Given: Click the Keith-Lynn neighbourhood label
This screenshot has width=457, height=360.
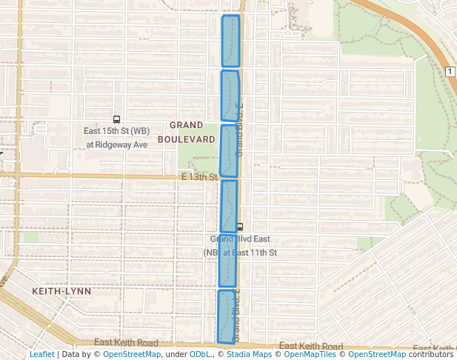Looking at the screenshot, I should pyautogui.click(x=61, y=291).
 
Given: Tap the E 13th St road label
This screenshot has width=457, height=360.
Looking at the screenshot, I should pyautogui.click(x=199, y=178).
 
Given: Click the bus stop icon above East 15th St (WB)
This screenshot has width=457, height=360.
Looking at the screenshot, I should pyautogui.click(x=116, y=119).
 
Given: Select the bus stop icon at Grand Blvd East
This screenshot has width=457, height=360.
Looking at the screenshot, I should pyautogui.click(x=238, y=227).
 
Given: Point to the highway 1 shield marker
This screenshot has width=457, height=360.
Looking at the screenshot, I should pyautogui.click(x=450, y=71).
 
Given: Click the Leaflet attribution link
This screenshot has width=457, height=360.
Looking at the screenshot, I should pyautogui.click(x=42, y=354).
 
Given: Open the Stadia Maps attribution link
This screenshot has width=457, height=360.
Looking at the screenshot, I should pyautogui.click(x=247, y=354).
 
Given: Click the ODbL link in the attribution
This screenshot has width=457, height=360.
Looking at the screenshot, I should pyautogui.click(x=201, y=354).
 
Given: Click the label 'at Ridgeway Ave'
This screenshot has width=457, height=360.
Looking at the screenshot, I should pyautogui.click(x=116, y=144).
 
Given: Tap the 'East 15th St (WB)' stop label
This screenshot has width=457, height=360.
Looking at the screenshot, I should pyautogui.click(x=116, y=131).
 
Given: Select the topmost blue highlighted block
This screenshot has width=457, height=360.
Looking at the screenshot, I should pyautogui.click(x=231, y=41).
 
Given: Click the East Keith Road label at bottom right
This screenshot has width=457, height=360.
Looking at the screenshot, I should pyautogui.click(x=311, y=347).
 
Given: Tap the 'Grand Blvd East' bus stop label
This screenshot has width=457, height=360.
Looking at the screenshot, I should pyautogui.click(x=240, y=239).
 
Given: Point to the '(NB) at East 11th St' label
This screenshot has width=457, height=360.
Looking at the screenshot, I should pyautogui.click(x=240, y=253).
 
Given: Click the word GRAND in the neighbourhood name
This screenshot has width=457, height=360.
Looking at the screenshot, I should pyautogui.click(x=186, y=125).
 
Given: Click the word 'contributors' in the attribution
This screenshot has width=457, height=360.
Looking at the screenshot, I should pyautogui.click(x=430, y=354).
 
